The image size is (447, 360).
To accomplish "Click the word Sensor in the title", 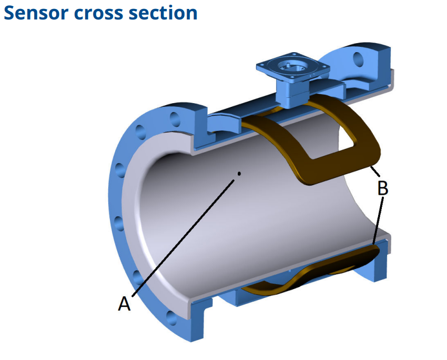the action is pyautogui.click(x=36, y=13).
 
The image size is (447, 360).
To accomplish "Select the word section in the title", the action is pyautogui.click(x=163, y=13).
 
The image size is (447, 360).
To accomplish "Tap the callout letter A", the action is pyautogui.click(x=124, y=303).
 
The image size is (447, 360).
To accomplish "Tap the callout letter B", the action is pyautogui.click(x=382, y=188).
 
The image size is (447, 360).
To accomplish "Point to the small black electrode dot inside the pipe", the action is pyautogui.click(x=239, y=173).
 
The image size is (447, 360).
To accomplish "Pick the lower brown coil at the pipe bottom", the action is pyautogui.click(x=311, y=271).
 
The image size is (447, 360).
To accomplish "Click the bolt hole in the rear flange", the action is pyautogui.click(x=358, y=59).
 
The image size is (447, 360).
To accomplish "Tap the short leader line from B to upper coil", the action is pyautogui.click(x=375, y=171).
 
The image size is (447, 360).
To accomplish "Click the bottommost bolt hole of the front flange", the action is pyautogui.click(x=171, y=318).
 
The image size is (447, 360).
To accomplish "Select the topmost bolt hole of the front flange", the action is pyautogui.click(x=175, y=119).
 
